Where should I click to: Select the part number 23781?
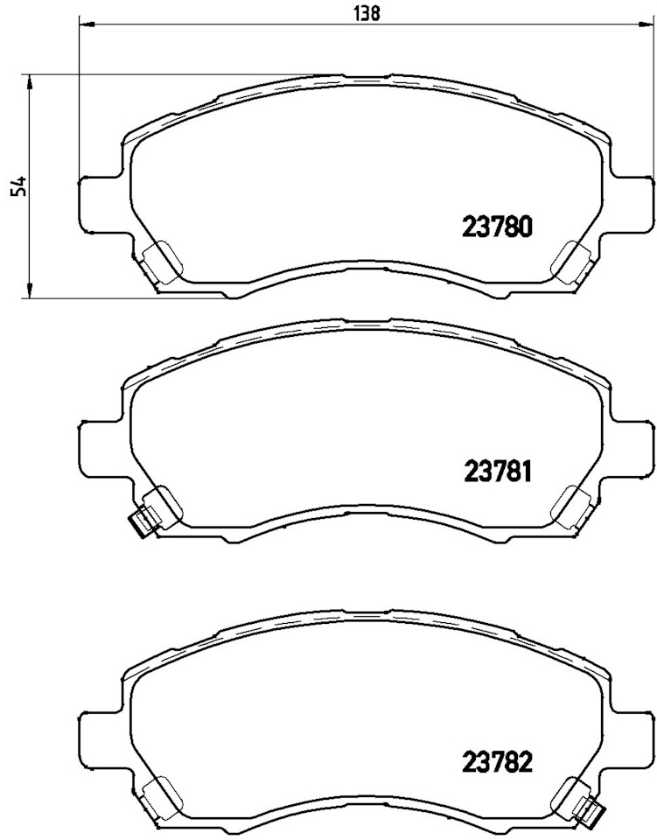(x=496, y=473)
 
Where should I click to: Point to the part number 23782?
(x=496, y=762)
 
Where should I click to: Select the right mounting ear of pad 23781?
(x=632, y=448)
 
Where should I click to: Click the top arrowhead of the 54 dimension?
(x=31, y=81)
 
